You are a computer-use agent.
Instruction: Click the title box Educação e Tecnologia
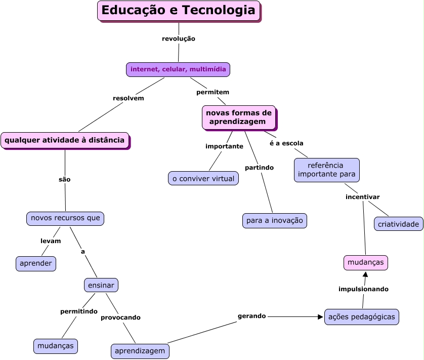coord(179,11)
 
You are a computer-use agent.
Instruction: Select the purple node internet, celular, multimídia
coord(178,69)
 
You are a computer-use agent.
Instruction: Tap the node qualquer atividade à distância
coord(65,140)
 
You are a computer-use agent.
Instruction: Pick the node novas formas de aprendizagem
coord(239,117)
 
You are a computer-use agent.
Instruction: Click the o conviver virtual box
coord(203,178)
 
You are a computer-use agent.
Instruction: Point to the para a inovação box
coord(274,221)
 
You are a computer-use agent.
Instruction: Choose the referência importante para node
coord(326,170)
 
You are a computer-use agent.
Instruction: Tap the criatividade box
coord(399,224)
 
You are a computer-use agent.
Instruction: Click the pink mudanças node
coord(366,263)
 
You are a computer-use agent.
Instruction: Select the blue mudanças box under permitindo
coord(56,346)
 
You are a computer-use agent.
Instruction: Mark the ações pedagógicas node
coord(361,316)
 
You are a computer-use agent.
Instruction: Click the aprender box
coord(36,264)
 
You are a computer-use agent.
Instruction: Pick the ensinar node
coord(101,285)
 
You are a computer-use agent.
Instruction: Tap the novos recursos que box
coord(65,218)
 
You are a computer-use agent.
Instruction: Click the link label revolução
coord(179,38)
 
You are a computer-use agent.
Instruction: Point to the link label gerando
coord(251,316)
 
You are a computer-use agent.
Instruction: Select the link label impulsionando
coord(363,289)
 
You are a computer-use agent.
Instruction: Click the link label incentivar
coord(362,197)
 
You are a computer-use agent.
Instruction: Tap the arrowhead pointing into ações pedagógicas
coord(320,317)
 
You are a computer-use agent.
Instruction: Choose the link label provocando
coord(120,317)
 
